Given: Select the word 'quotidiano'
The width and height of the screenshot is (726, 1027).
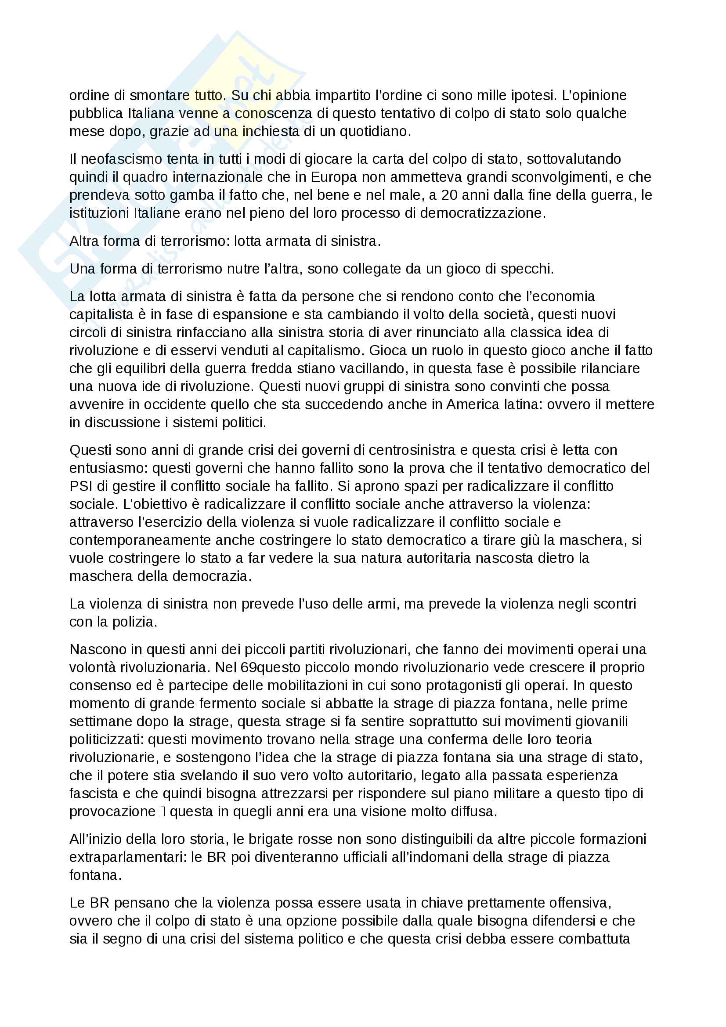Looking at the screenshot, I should coord(371,132).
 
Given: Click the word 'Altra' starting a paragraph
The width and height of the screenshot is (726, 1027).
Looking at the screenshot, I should coord(84,241).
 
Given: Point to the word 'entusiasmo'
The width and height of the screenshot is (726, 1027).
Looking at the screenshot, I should coord(108,468).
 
